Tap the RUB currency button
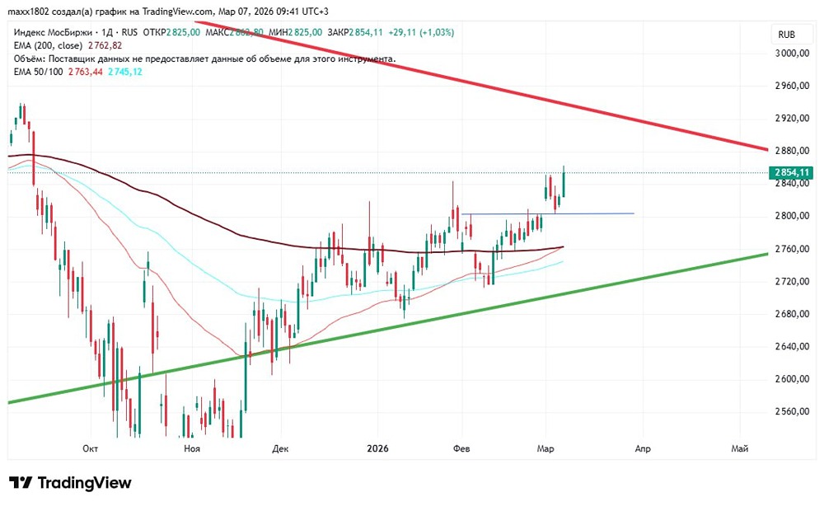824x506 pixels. (786, 35)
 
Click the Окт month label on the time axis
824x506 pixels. (91, 448)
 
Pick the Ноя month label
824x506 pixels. (192, 448)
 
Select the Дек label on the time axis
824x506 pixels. (281, 448)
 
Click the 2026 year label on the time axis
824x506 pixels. (377, 448)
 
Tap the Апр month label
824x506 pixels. (643, 448)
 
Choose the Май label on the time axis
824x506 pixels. (740, 448)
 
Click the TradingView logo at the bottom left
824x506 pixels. (70, 483)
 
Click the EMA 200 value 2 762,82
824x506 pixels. (103, 45)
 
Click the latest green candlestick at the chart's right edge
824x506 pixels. (564, 181)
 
